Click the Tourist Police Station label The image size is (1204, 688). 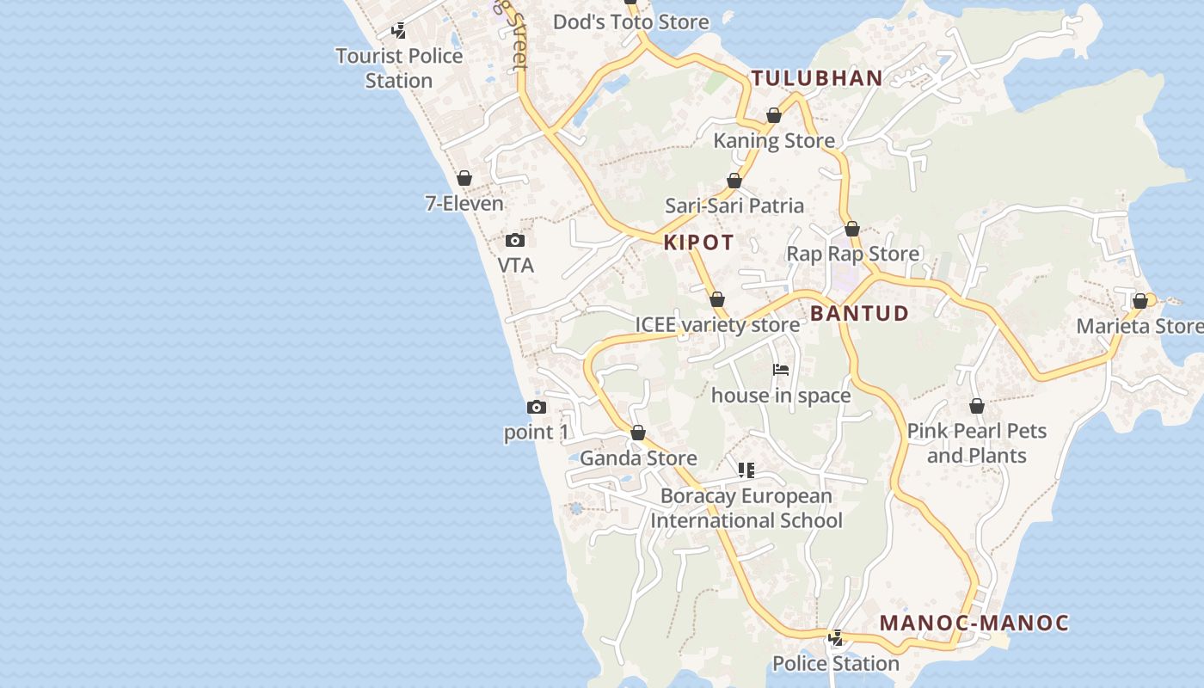point(399,68)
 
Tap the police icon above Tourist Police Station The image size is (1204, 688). point(399,31)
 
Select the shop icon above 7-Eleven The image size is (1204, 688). point(464,178)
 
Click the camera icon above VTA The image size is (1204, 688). point(515,240)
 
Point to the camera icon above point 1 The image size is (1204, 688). point(537,407)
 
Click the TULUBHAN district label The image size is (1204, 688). point(817,78)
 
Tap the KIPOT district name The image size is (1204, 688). point(698,243)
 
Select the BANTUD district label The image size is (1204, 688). point(859,313)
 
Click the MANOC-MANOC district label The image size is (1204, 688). point(974,623)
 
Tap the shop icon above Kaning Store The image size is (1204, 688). point(774,115)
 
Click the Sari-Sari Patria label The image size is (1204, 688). point(734,206)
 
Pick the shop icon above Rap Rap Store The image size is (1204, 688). point(852,229)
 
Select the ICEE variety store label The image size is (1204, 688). point(717,324)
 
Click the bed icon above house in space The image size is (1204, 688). point(781,370)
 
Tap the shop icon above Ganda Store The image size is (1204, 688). point(638,433)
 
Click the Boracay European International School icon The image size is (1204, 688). point(746,470)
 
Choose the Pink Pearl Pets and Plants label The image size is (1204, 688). point(977,443)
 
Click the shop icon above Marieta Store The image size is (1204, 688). point(1140,301)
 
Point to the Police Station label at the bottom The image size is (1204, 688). point(835,663)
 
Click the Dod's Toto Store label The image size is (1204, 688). point(631,21)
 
